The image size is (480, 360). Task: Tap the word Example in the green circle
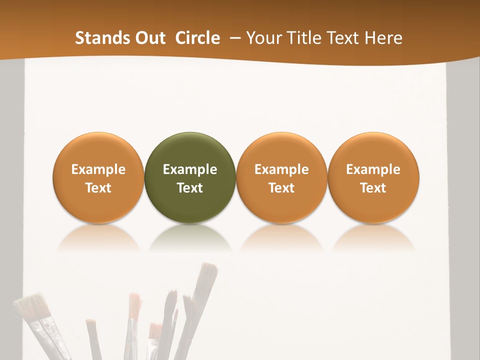click(190, 169)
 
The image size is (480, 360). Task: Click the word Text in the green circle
click(190, 188)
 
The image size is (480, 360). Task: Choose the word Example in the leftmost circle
click(98, 169)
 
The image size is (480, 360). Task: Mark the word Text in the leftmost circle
click(98, 188)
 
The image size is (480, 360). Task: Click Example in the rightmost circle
click(373, 169)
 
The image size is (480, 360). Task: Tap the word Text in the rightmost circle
click(373, 188)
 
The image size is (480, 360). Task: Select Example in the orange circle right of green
click(281, 169)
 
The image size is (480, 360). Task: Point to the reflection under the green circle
click(190, 237)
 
